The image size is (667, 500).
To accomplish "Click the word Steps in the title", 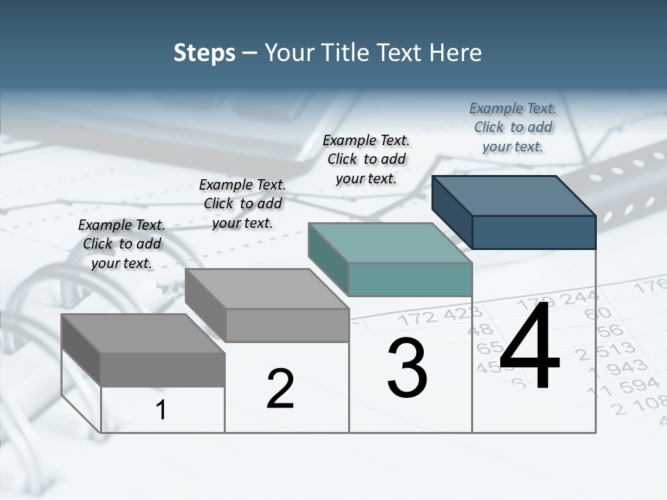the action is [204, 53].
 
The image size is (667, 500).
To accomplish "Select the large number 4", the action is [529, 347].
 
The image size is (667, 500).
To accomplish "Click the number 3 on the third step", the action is [406, 369].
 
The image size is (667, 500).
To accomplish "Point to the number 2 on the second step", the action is [280, 389].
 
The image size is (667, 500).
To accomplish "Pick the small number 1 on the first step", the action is [161, 410].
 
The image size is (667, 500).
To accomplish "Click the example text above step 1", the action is [122, 244].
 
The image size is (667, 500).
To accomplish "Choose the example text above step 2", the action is [242, 203].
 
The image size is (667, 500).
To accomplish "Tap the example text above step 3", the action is [366, 159].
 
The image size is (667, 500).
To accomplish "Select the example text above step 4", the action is [513, 127].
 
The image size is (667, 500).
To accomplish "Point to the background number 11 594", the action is [623, 387].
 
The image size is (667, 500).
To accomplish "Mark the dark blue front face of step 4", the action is [534, 232].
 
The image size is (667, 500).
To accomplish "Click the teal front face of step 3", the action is [410, 279].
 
